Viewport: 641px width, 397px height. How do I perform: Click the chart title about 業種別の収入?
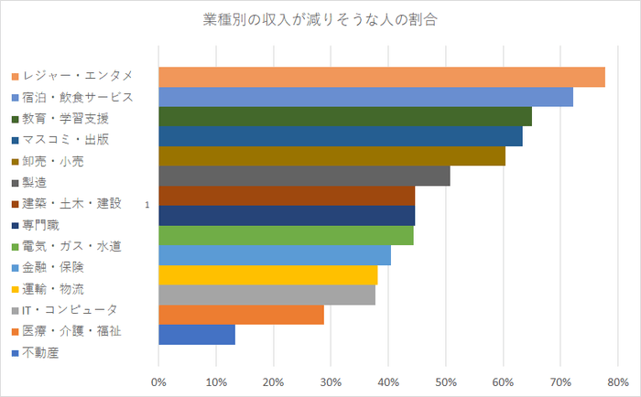click(x=319, y=20)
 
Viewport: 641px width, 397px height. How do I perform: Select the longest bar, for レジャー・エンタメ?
click(x=381, y=77)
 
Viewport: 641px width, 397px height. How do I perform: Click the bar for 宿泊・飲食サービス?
click(x=365, y=97)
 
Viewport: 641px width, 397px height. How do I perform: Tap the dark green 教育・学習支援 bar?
click(x=344, y=116)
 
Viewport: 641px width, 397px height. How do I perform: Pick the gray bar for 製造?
click(x=304, y=176)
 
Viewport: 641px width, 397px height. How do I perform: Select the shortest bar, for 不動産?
click(x=196, y=335)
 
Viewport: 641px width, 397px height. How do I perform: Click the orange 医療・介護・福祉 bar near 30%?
click(x=241, y=315)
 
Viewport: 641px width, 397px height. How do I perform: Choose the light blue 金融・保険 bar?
click(x=275, y=255)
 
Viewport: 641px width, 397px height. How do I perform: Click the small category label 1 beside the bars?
click(x=147, y=206)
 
